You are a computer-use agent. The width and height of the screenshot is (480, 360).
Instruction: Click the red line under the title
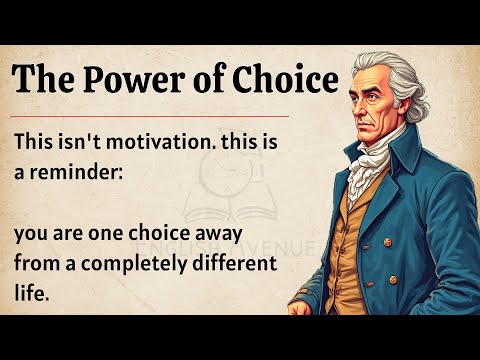click(150, 116)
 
